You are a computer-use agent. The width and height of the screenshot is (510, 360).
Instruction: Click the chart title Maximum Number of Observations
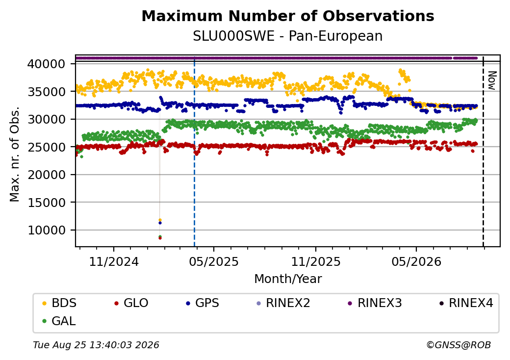pos(288,16)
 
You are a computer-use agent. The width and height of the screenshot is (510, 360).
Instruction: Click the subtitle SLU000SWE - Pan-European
pos(288,36)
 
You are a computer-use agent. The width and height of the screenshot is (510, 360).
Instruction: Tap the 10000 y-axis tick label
pos(46,230)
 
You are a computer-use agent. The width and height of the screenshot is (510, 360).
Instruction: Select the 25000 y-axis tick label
pos(46,147)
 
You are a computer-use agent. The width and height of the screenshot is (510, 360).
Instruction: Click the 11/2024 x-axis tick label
pos(114,261)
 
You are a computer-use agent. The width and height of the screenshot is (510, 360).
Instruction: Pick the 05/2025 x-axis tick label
pos(214,261)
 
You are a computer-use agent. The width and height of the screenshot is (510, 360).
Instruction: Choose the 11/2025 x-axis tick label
pos(315,261)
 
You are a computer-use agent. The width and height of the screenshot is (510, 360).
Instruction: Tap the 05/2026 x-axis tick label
pos(416,261)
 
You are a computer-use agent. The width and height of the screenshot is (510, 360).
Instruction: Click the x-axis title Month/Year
pos(288,279)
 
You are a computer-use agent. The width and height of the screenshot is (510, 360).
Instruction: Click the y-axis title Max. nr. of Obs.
pos(15,154)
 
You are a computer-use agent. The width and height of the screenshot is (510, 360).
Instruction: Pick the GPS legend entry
pos(203,303)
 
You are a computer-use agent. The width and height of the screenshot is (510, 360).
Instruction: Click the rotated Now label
pos(492,80)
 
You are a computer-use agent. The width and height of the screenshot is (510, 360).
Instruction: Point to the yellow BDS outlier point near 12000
pos(160,220)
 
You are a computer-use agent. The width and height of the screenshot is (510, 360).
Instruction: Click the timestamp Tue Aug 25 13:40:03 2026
pos(96,345)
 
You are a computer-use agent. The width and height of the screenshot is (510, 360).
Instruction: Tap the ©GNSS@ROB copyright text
pos(459,345)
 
